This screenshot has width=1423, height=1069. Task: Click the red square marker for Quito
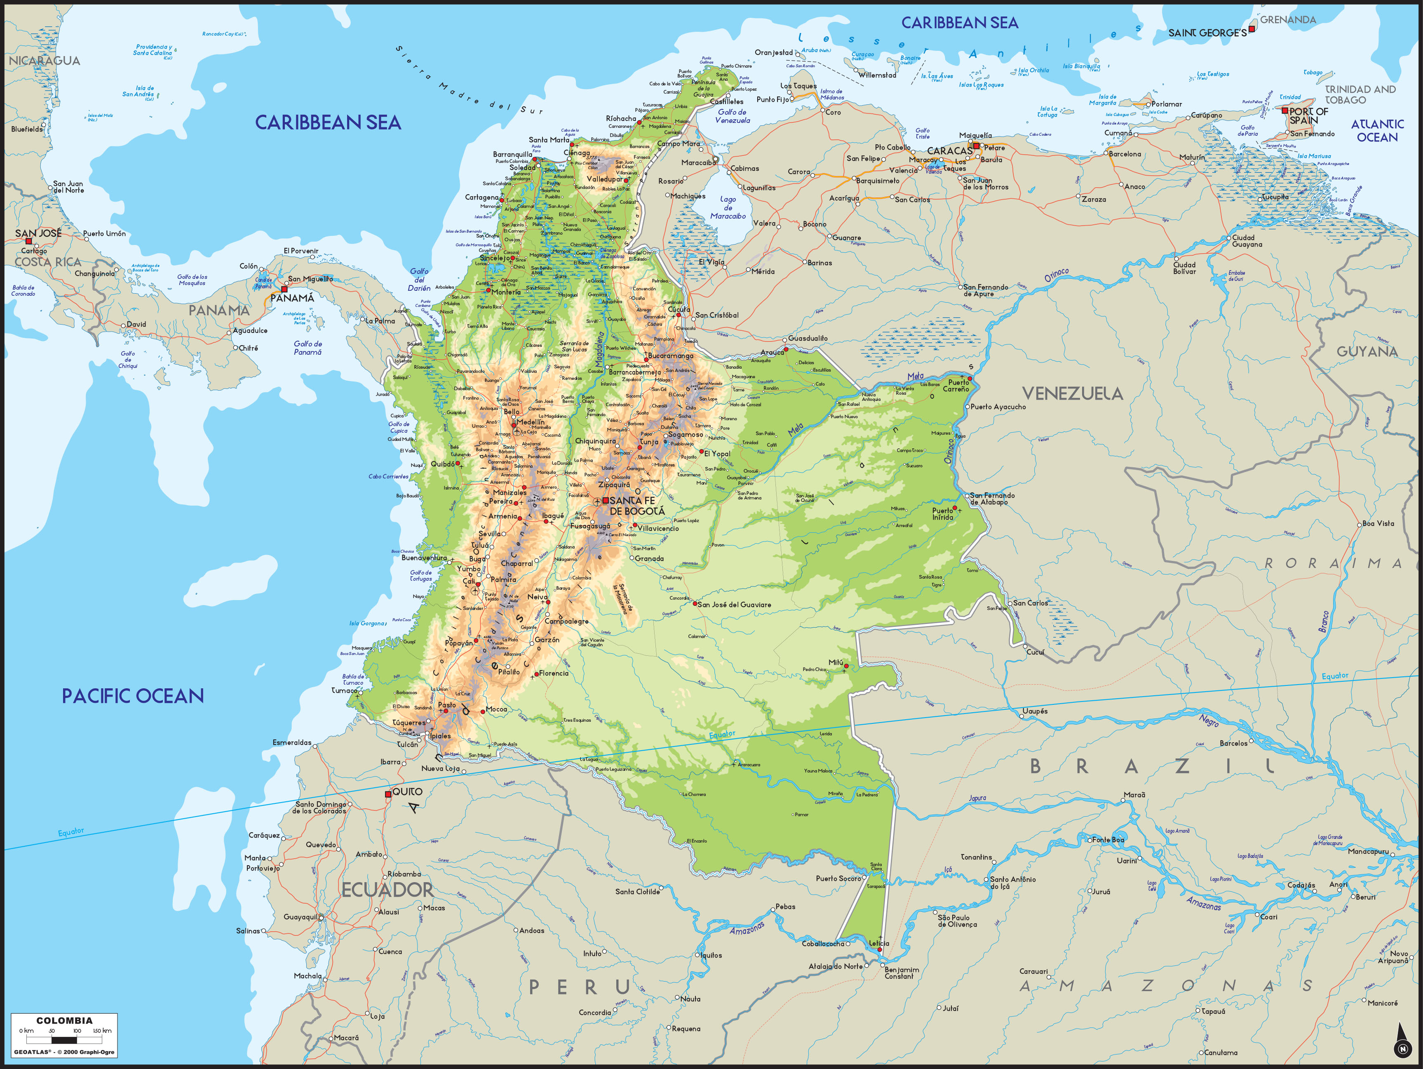[388, 794]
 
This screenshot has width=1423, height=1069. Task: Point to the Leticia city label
[879, 943]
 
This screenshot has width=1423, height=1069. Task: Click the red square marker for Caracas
[976, 146]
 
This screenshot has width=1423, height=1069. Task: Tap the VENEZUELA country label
[1072, 393]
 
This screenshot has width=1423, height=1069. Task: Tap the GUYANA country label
[1367, 351]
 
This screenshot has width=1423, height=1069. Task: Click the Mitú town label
[836, 662]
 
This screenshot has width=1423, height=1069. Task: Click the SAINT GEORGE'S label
[1207, 33]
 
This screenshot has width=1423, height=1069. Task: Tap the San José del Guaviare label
[734, 604]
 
